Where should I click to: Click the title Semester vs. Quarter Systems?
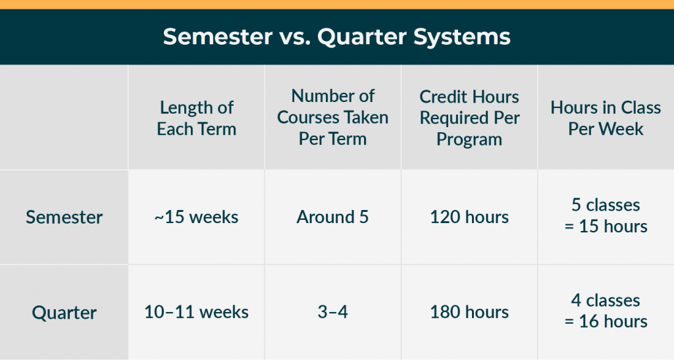pyautogui.click(x=336, y=37)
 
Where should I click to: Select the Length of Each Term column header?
pyautogui.click(x=196, y=118)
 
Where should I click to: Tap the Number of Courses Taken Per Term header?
pyautogui.click(x=332, y=117)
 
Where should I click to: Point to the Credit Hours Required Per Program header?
pyautogui.click(x=469, y=118)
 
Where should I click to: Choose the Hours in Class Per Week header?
pyautogui.click(x=606, y=118)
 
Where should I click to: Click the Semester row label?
pyautogui.click(x=64, y=217)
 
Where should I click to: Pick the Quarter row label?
pyautogui.click(x=64, y=312)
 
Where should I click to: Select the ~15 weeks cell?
pyautogui.click(x=196, y=217)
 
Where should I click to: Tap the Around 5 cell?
pyautogui.click(x=332, y=217)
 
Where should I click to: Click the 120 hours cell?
pyautogui.click(x=469, y=217)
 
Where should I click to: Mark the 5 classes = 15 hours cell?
pyautogui.click(x=606, y=217)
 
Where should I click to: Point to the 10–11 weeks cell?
pyautogui.click(x=196, y=312)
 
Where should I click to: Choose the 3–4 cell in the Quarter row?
pyautogui.click(x=332, y=312)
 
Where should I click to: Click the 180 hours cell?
pyautogui.click(x=469, y=312)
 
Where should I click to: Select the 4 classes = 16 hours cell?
pyautogui.click(x=606, y=311)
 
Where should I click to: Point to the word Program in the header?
pyautogui.click(x=469, y=140)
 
